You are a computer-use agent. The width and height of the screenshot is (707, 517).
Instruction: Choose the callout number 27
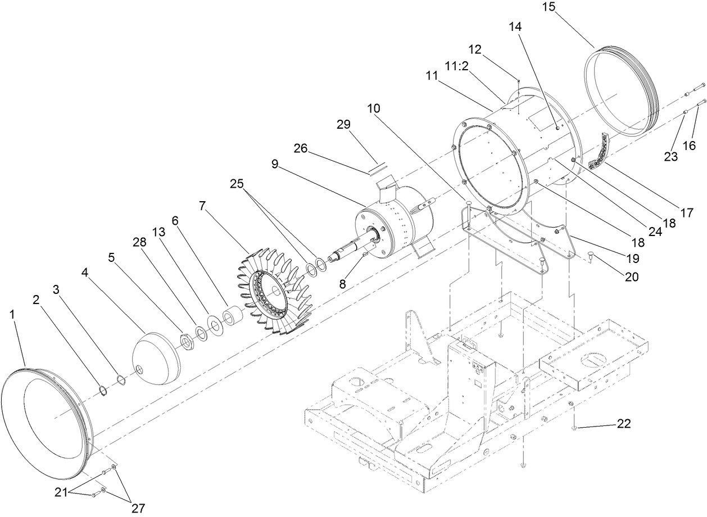(138, 507)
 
